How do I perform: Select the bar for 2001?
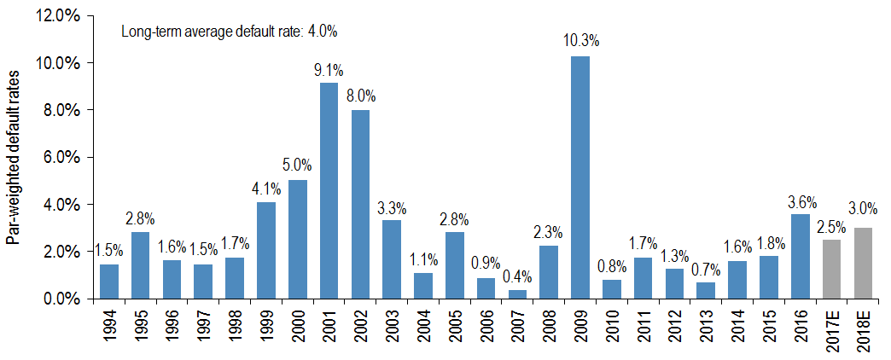click(329, 191)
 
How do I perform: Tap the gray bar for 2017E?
click(831, 269)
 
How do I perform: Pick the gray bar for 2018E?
click(863, 263)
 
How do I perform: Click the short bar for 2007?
click(517, 293)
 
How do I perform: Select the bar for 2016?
click(801, 256)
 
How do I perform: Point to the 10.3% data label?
click(580, 40)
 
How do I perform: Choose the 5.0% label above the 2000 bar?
click(297, 165)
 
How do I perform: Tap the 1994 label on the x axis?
click(109, 329)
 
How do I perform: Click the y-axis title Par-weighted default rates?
click(15, 157)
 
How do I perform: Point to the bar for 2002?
click(360, 204)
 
